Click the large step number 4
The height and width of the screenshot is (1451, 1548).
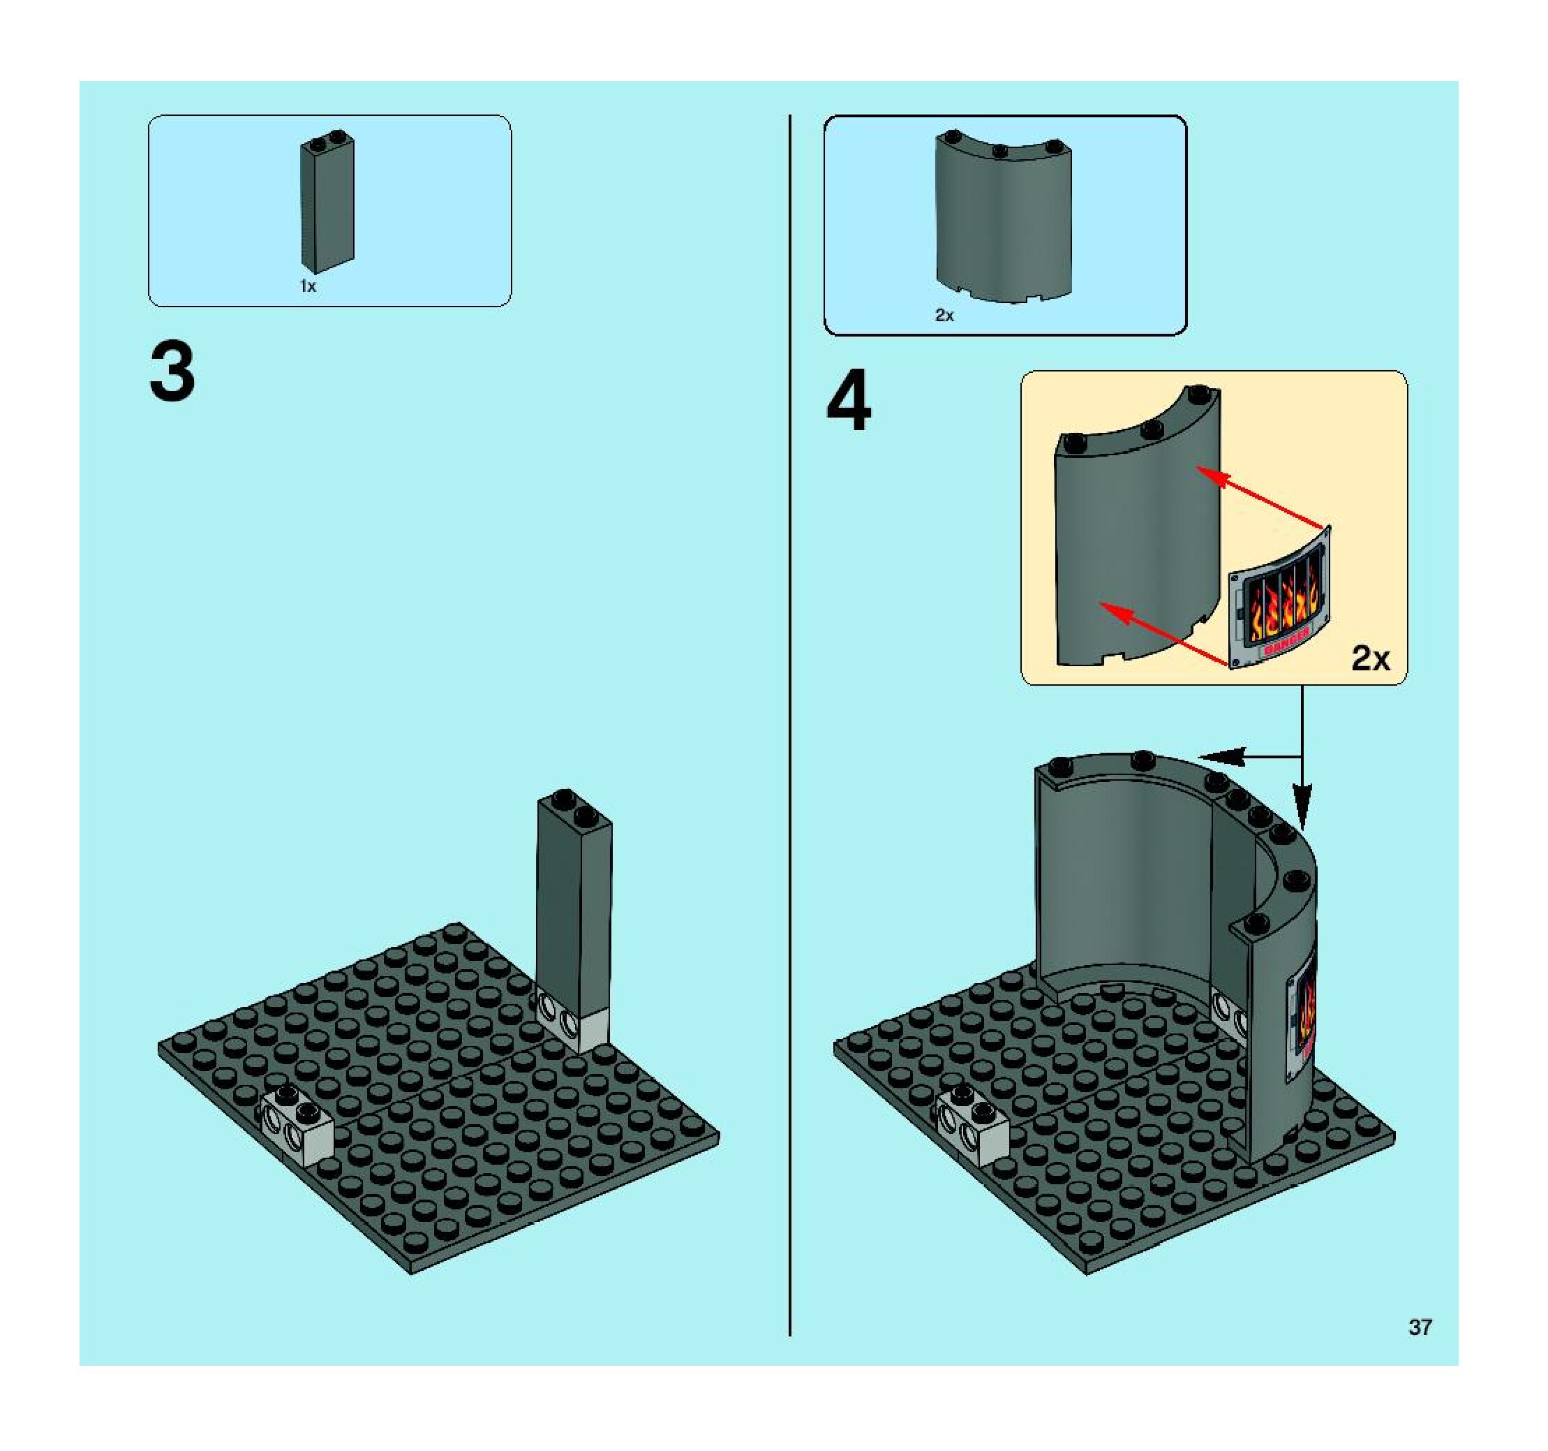coord(849,402)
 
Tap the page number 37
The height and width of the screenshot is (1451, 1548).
coord(1420,1327)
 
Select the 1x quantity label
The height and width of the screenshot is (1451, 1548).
coord(308,286)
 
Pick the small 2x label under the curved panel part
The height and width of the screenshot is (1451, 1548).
coord(944,316)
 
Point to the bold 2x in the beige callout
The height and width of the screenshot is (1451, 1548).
coord(1370,659)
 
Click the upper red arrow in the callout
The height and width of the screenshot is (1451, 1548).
coord(1261,499)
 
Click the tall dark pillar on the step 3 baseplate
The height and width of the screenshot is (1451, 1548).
coord(574,904)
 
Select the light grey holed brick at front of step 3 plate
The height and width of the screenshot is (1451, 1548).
coord(297,1125)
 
